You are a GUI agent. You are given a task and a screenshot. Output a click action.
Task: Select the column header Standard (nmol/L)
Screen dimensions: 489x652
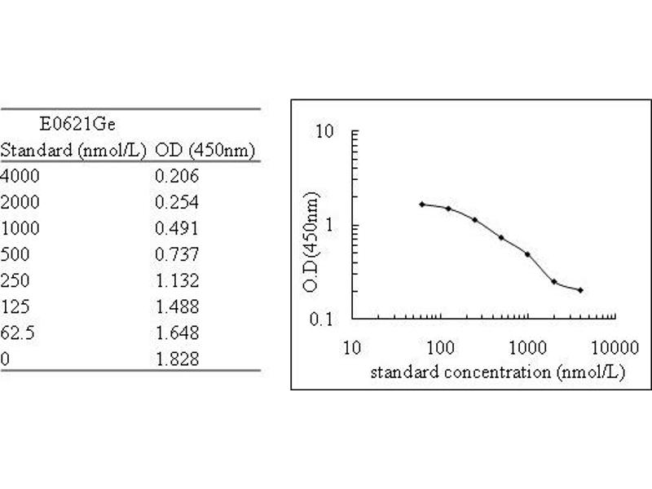[73, 151]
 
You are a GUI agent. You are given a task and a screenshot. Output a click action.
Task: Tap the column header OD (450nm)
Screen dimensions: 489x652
[205, 151]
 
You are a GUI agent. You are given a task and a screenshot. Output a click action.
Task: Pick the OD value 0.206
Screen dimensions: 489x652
[177, 175]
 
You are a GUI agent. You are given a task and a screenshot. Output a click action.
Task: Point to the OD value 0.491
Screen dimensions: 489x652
[177, 227]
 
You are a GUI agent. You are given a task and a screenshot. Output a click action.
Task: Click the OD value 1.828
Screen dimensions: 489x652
[177, 359]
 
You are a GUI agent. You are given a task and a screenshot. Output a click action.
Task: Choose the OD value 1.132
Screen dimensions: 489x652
[177, 280]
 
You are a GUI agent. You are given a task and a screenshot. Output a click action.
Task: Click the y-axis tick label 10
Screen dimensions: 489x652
[325, 131]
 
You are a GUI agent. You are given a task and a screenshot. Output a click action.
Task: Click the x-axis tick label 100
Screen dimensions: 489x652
[439, 348]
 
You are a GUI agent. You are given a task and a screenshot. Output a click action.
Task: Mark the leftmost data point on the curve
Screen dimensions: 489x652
[421, 204]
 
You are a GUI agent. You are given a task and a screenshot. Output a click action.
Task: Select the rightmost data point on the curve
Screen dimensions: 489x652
[580, 290]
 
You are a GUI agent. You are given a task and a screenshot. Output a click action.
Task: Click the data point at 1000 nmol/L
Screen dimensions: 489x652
[528, 254]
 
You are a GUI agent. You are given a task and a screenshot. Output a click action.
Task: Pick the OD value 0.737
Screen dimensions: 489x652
[177, 253]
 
